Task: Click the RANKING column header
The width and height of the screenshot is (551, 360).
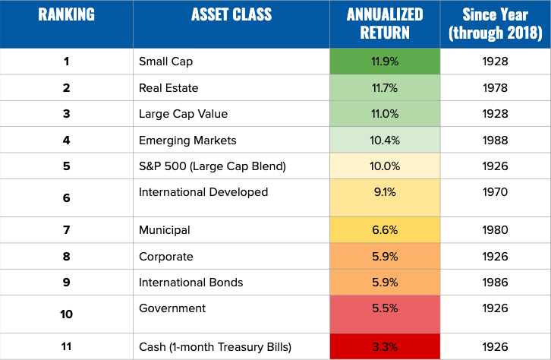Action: tap(66, 14)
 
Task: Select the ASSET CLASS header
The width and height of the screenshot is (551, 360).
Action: tap(231, 14)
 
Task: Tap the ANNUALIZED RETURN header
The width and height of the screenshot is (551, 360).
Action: tap(386, 24)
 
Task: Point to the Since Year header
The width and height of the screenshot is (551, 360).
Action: tap(495, 24)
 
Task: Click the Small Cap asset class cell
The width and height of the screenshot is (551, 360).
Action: tap(165, 62)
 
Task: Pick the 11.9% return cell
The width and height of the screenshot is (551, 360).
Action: tap(386, 62)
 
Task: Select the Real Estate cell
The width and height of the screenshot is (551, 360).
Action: tap(168, 88)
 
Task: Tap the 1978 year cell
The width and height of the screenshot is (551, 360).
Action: tap(495, 88)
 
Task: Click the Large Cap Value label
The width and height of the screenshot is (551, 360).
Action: tap(183, 114)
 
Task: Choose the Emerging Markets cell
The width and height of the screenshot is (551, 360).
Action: tap(187, 140)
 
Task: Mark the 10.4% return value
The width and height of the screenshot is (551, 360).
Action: tap(386, 140)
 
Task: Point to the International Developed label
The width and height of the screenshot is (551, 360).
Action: tap(203, 192)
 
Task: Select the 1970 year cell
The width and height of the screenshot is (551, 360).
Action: tap(495, 192)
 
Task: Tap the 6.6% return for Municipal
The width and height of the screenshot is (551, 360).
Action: tap(386, 230)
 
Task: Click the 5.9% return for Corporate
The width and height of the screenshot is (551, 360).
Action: tap(386, 257)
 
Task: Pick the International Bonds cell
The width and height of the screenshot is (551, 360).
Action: tap(190, 283)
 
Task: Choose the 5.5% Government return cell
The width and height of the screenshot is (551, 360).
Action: tap(386, 308)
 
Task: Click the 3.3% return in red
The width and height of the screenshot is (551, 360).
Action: tap(386, 347)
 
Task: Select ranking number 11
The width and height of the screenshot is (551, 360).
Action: tap(66, 347)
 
